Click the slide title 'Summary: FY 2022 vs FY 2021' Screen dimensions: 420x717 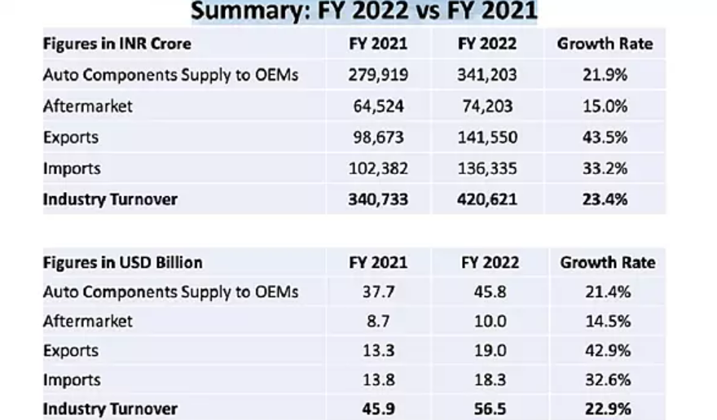(x=364, y=11)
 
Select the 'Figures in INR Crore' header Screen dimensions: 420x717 (x=117, y=44)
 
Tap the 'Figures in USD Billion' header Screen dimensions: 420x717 (x=123, y=262)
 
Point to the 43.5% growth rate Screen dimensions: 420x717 (x=606, y=138)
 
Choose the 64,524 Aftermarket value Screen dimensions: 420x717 (x=377, y=107)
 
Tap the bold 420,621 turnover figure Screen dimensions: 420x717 (x=487, y=199)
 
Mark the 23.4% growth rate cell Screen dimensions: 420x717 (x=606, y=199)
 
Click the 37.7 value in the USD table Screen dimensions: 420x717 (x=377, y=291)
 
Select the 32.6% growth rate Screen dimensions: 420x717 (x=607, y=380)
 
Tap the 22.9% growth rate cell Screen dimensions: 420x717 (x=607, y=409)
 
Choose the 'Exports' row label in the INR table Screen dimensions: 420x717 (x=71, y=138)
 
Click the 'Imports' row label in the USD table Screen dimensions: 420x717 (x=72, y=380)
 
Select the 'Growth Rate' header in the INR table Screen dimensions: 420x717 (x=605, y=44)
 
